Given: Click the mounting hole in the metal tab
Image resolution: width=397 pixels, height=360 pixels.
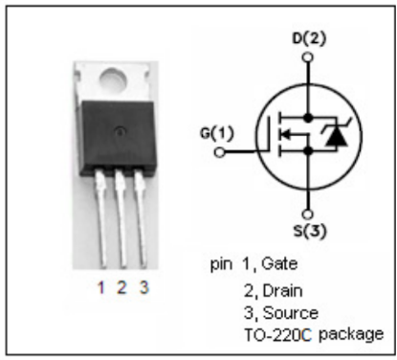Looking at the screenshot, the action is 113,79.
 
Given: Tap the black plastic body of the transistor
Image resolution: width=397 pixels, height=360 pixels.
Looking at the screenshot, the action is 118,137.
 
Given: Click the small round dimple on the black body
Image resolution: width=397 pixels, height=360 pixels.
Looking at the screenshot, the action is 121,131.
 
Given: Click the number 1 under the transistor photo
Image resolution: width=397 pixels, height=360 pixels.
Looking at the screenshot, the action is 101,287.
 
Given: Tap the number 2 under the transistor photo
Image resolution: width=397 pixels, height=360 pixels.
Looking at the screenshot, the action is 121,287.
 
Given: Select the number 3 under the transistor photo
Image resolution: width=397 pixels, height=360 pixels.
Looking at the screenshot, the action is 144,287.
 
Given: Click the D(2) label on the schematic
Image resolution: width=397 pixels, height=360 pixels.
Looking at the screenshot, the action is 309,39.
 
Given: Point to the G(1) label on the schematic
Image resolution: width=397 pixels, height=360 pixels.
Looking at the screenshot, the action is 217,133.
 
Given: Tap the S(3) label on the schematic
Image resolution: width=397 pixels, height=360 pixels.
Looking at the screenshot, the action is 310,231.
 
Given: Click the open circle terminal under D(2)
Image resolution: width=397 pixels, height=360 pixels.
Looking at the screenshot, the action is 308,57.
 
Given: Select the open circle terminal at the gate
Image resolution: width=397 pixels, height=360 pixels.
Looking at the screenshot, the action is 219,152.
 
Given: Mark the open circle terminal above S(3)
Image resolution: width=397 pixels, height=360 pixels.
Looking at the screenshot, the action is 308,214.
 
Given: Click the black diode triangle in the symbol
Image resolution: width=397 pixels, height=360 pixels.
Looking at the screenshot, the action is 336,138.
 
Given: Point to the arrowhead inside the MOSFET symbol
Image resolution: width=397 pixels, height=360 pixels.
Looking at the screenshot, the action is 286,134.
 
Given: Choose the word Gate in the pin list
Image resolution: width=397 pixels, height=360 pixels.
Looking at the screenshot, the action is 279,264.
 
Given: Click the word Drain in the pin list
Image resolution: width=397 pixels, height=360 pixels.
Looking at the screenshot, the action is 282,291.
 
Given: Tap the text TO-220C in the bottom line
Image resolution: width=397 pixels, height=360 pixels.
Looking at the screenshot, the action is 277,335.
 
